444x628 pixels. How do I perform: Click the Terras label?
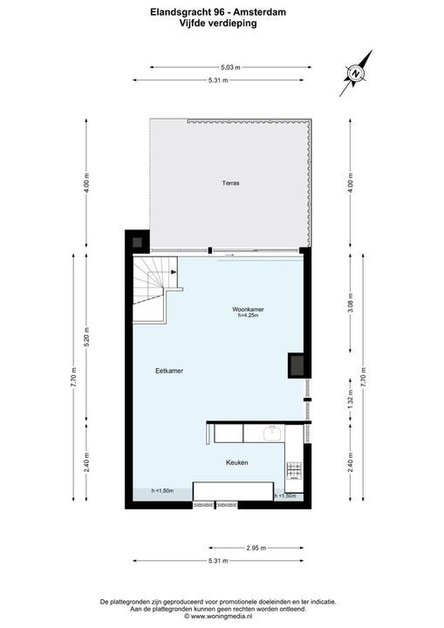[230, 184]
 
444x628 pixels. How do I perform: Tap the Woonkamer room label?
[248, 310]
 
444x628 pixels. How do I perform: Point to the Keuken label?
[238, 462]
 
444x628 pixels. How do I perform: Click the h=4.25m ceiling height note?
[249, 317]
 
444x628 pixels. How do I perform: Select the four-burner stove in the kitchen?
[293, 471]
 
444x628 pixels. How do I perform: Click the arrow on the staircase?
[175, 273]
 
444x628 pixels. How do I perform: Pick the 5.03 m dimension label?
[230, 67]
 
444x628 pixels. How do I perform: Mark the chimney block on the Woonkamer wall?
[297, 365]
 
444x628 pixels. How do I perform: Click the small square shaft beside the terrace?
[137, 239]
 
